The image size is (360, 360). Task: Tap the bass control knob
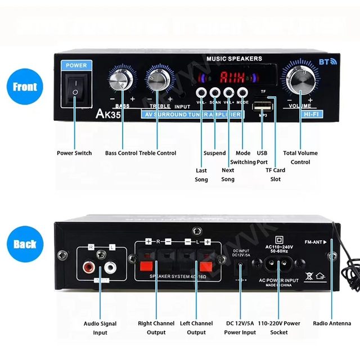point(121,81)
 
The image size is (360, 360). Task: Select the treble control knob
point(159,81)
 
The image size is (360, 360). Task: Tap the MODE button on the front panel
point(242,92)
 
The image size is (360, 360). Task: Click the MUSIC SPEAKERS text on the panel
point(234,58)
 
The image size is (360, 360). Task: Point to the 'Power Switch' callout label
point(74,153)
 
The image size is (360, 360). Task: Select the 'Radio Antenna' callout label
point(332,323)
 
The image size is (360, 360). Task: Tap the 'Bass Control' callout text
point(121,153)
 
